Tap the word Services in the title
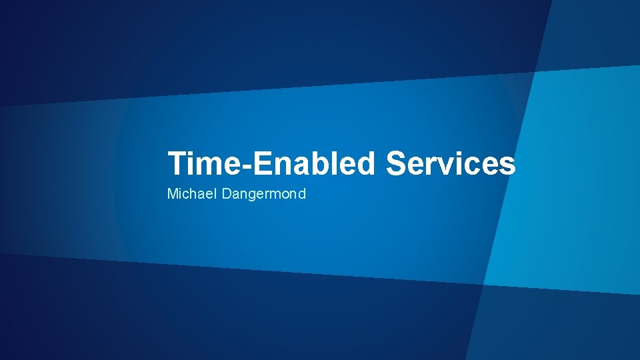[451, 163]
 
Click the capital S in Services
[396, 163]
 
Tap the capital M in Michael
[172, 195]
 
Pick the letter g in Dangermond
[252, 196]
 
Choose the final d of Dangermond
[301, 195]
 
